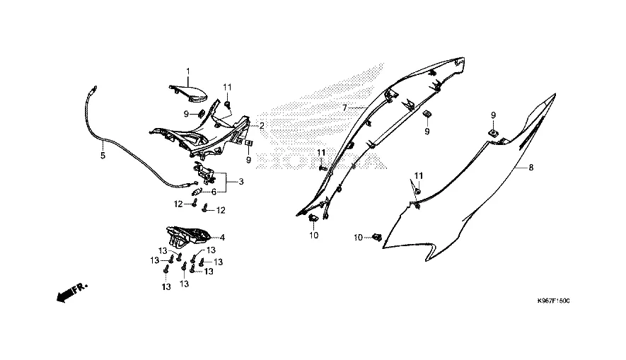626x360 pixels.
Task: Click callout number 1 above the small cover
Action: click(x=189, y=71)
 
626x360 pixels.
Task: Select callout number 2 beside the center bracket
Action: click(x=262, y=126)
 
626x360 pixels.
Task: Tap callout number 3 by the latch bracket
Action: click(x=241, y=182)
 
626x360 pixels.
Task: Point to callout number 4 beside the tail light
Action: click(x=222, y=238)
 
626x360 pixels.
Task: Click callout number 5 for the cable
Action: click(x=103, y=155)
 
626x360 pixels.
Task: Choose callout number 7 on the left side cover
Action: click(x=344, y=108)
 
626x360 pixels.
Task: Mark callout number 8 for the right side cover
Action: click(x=532, y=168)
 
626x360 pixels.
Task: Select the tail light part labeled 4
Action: click(x=187, y=235)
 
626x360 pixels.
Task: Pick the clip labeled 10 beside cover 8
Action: click(x=378, y=238)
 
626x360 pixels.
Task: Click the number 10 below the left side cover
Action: click(x=313, y=235)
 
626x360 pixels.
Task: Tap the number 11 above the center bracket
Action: click(x=227, y=87)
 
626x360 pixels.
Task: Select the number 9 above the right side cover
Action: click(x=494, y=115)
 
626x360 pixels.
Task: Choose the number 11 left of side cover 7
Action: click(x=320, y=153)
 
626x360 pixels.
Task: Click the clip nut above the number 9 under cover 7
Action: click(x=427, y=115)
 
